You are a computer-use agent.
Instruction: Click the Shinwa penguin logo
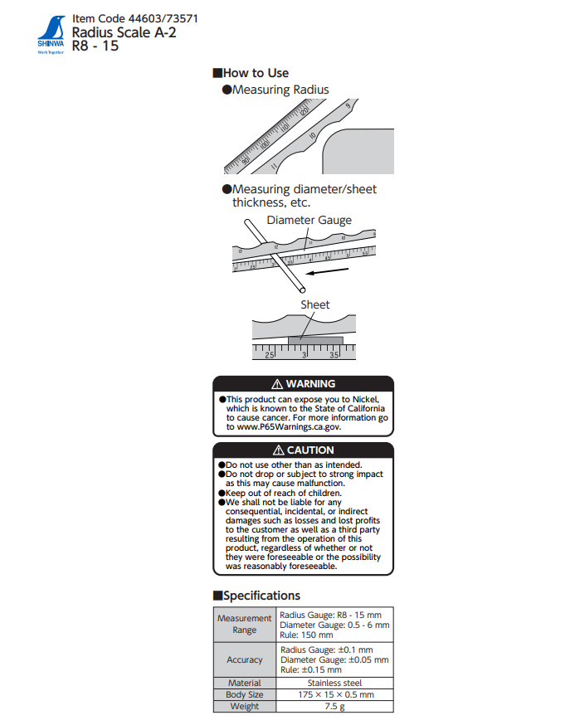coord(50,33)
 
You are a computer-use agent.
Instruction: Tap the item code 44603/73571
coord(135,18)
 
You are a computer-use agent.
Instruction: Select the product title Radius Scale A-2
coord(124,32)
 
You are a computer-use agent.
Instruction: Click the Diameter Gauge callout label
coord(309,221)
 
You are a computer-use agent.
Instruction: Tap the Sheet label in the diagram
coord(315,305)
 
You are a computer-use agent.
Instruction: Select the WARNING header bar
coord(304,384)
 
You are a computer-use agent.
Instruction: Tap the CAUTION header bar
coord(304,450)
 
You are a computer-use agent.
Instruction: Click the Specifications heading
coord(261,596)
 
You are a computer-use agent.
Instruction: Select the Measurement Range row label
coord(244,624)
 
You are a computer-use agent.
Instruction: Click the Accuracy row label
coord(244,659)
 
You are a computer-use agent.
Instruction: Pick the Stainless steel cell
coord(335,683)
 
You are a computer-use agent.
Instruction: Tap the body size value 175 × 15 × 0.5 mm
coord(335,694)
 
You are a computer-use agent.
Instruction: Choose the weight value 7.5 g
coord(335,706)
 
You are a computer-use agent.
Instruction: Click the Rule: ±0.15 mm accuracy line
coord(310,669)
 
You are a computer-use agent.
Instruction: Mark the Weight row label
coord(244,706)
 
